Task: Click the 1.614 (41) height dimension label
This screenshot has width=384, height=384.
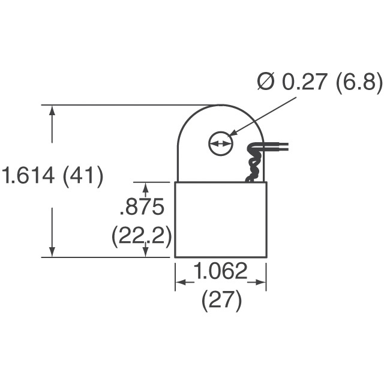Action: point(53,176)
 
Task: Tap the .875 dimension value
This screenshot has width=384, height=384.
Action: point(142,208)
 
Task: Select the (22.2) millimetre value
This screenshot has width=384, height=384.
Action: point(142,237)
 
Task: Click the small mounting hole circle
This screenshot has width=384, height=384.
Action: point(220,144)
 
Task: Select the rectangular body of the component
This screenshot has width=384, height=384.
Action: point(220,220)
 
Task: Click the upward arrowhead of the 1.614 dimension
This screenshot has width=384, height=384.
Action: point(53,111)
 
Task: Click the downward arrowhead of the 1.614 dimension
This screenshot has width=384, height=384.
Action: point(53,251)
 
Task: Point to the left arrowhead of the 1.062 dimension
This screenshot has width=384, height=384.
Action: point(179,281)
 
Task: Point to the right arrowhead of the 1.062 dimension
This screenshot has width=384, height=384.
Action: point(262,281)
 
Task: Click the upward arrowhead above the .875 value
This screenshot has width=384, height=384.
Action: point(145,187)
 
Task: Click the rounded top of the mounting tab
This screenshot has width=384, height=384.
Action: point(220,109)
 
